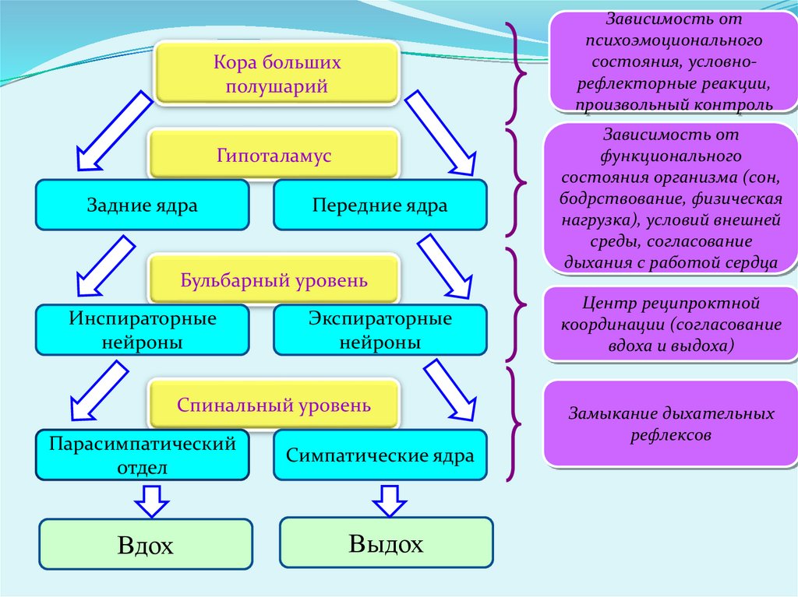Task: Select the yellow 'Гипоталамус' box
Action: tap(274, 156)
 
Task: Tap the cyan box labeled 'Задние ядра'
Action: tap(142, 205)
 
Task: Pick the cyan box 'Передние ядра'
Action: tap(380, 205)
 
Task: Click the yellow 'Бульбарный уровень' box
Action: tap(274, 279)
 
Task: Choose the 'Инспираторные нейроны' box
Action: tap(142, 330)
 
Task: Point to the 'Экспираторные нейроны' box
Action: tap(380, 330)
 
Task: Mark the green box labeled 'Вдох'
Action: tap(146, 545)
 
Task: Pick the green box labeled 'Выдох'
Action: tap(386, 543)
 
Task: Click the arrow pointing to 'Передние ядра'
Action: tap(440, 132)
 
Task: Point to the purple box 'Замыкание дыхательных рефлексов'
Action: tap(670, 424)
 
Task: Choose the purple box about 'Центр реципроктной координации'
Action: tap(670, 324)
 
